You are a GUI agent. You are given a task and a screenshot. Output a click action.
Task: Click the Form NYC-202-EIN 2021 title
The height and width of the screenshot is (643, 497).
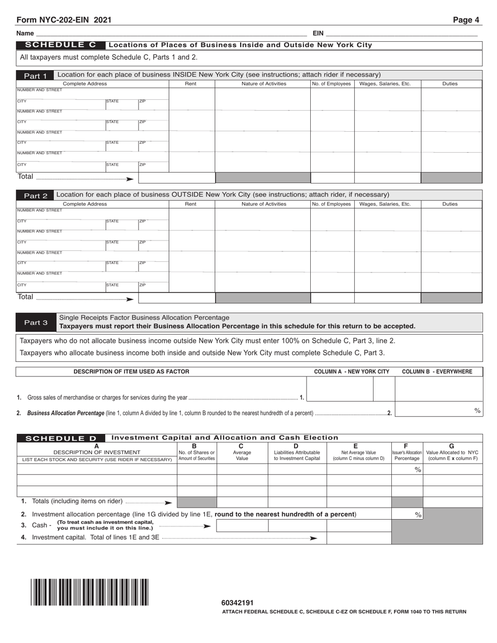click(x=64, y=20)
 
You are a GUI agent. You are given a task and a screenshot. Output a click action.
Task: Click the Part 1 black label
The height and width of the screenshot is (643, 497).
click(x=35, y=76)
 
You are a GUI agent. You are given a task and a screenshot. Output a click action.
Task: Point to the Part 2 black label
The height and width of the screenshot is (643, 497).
click(x=35, y=196)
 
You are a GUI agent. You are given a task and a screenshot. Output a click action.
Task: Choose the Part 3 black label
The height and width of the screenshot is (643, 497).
click(x=35, y=323)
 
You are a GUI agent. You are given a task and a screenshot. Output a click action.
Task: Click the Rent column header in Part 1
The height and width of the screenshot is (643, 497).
click(x=191, y=84)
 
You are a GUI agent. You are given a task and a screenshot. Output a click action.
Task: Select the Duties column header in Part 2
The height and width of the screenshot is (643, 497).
click(x=450, y=204)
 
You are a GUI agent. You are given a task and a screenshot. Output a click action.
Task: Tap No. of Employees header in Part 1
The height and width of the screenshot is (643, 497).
click(x=332, y=84)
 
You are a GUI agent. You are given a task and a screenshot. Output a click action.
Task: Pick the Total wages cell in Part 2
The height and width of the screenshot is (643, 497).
click(x=387, y=298)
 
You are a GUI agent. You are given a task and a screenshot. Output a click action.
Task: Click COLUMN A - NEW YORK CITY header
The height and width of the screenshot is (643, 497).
click(x=351, y=372)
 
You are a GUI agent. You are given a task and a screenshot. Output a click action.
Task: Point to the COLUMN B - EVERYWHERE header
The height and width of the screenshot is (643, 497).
click(x=437, y=372)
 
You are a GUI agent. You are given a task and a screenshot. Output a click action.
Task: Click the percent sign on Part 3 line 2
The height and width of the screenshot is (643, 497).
click(x=477, y=411)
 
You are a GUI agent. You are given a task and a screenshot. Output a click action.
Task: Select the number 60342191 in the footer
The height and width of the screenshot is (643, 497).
click(x=238, y=603)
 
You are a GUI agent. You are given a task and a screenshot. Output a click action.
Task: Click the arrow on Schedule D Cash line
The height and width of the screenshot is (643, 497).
click(x=207, y=526)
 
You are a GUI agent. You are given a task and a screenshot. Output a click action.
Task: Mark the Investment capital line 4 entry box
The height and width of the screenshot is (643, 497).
click(x=358, y=538)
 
